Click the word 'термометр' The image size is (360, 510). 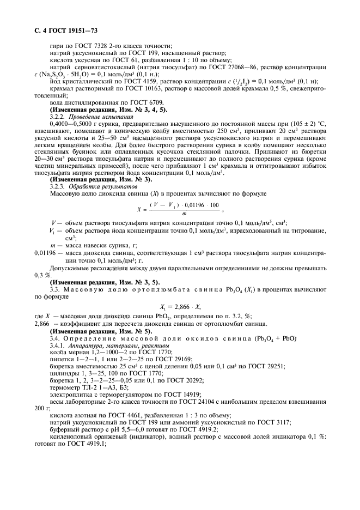tap(65, 388)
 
